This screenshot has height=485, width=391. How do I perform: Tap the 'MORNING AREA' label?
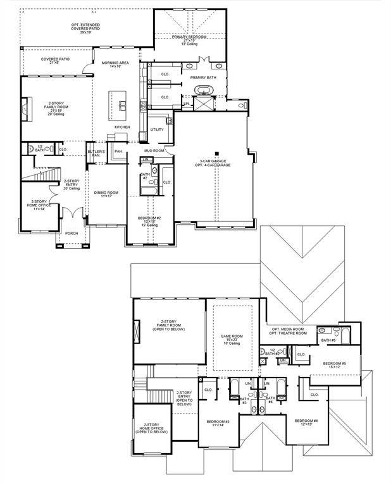click(x=115, y=64)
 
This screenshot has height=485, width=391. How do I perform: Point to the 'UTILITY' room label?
click(x=157, y=129)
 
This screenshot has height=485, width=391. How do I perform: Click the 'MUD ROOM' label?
click(x=154, y=151)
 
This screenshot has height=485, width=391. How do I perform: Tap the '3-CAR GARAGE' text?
click(x=216, y=161)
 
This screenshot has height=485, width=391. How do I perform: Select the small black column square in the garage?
click(x=216, y=153)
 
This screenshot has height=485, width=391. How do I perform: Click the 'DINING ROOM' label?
click(x=106, y=194)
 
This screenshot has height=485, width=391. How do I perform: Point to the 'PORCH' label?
click(x=71, y=233)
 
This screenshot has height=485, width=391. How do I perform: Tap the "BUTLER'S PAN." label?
click(x=96, y=153)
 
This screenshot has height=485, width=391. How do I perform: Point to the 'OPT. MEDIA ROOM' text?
click(x=289, y=329)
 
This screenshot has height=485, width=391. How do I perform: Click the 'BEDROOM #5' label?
click(x=334, y=364)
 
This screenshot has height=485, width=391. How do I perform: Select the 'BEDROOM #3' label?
click(x=218, y=422)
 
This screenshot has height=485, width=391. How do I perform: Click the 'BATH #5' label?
click(x=328, y=340)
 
